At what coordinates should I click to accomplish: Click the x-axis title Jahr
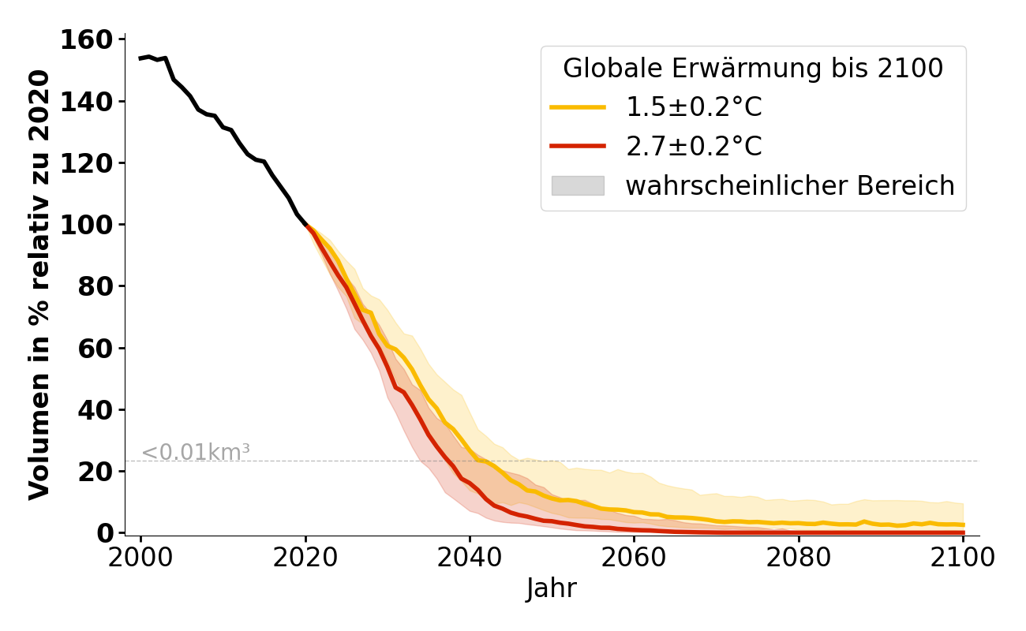pyautogui.click(x=551, y=588)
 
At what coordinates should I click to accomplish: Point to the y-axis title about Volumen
pyautogui.click(x=39, y=285)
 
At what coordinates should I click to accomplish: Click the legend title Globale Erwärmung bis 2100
pyautogui.click(x=753, y=69)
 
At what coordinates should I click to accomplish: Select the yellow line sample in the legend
pyautogui.click(x=578, y=107)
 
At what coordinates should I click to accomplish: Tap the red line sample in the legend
pyautogui.click(x=578, y=146)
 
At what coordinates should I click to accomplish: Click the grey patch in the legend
pyautogui.click(x=578, y=185)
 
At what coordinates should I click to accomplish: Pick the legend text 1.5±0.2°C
pyautogui.click(x=694, y=107)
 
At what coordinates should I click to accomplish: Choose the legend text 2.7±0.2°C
pyautogui.click(x=694, y=146)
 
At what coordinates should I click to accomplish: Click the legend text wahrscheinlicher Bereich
pyautogui.click(x=790, y=185)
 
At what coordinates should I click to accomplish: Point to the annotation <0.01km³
pyautogui.click(x=196, y=453)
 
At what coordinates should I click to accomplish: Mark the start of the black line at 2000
pyautogui.click(x=141, y=58)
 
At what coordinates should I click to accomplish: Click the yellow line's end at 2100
pyautogui.click(x=962, y=525)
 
